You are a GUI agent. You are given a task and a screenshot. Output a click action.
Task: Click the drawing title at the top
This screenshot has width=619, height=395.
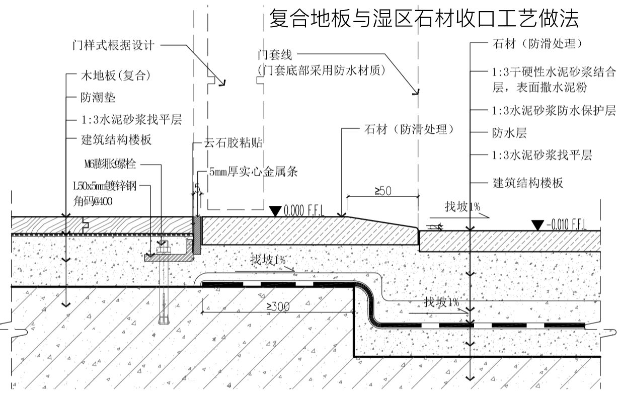[425, 19]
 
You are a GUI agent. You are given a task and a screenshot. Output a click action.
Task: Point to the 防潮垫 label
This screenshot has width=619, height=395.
[98, 98]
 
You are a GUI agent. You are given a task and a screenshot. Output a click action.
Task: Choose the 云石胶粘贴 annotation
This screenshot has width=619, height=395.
[233, 142]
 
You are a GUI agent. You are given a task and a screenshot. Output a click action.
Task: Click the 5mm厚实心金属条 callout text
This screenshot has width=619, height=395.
[254, 172]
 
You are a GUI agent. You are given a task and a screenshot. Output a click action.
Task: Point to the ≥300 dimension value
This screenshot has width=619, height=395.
[278, 306]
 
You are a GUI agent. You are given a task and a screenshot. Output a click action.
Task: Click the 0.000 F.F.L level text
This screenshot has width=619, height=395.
[304, 210]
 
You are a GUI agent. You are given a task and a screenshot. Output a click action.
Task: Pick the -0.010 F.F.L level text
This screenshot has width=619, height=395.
[567, 225]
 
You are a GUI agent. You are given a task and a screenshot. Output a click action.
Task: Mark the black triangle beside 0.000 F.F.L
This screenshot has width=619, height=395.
[275, 210]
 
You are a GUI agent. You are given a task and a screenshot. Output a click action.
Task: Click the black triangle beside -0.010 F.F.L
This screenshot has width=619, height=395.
[538, 225]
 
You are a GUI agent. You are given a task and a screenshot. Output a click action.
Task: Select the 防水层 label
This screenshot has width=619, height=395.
[509, 133]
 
